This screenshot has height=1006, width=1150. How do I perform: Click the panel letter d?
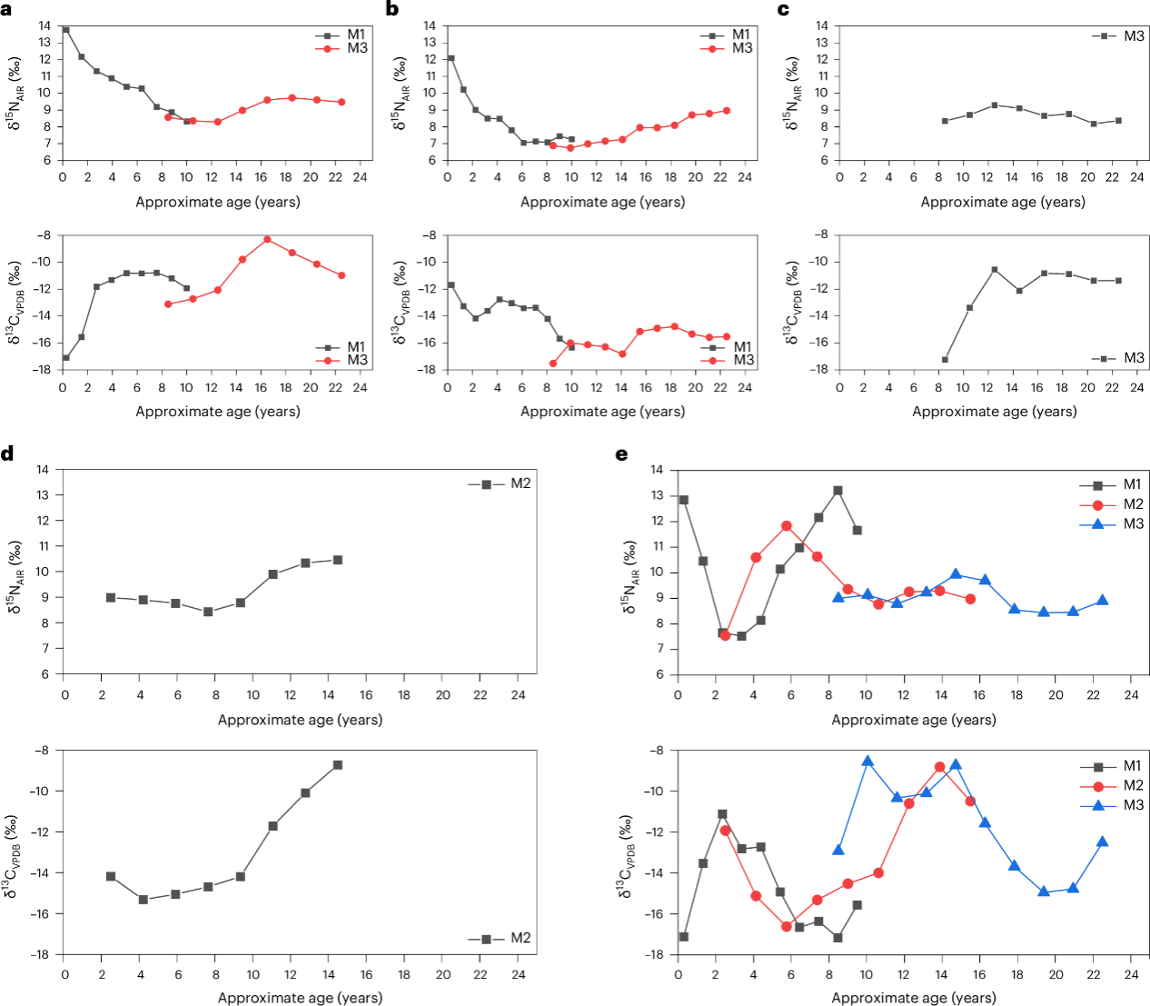pos(7,453)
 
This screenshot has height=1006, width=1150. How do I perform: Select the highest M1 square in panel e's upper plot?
pos(838,491)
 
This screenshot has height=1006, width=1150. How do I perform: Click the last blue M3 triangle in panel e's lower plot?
pos(1102,842)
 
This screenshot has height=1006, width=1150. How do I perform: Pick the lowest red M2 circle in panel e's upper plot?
pos(725,635)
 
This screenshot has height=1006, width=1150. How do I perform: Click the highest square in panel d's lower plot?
pos(338,765)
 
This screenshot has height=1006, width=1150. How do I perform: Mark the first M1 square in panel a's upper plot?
pos(65,30)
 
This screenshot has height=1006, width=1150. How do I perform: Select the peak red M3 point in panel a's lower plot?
pos(267,240)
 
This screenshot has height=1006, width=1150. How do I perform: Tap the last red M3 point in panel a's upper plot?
pos(342,102)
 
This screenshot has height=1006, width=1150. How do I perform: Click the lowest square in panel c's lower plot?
pos(945,360)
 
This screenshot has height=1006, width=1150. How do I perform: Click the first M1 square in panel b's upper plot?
pos(451,58)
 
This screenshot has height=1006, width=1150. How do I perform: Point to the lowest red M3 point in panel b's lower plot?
pos(553,364)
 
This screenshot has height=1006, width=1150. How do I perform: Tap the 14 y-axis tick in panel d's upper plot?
pos(42,470)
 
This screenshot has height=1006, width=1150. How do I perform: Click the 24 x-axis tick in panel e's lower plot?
pos(1131,974)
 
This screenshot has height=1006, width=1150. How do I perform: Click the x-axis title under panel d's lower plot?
pos(300,998)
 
